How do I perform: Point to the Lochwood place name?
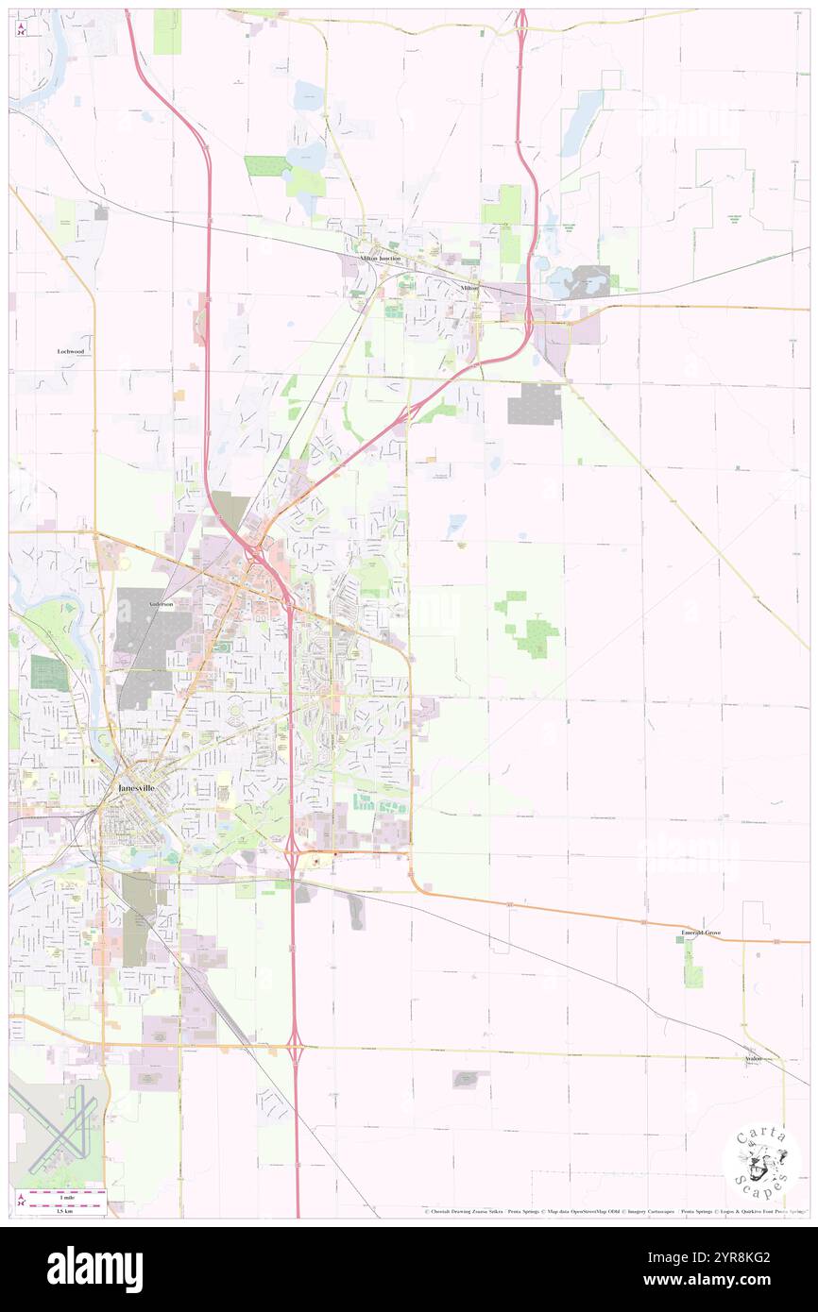(71, 350)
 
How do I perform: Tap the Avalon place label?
(752, 1059)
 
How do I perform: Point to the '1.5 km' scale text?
(64, 1211)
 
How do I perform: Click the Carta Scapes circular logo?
(761, 1161)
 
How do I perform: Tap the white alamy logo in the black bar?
(94, 1270)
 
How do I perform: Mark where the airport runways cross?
(59, 1129)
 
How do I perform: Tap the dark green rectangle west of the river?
(48, 672)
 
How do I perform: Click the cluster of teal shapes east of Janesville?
(380, 803)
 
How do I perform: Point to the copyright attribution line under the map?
(614, 1211)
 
